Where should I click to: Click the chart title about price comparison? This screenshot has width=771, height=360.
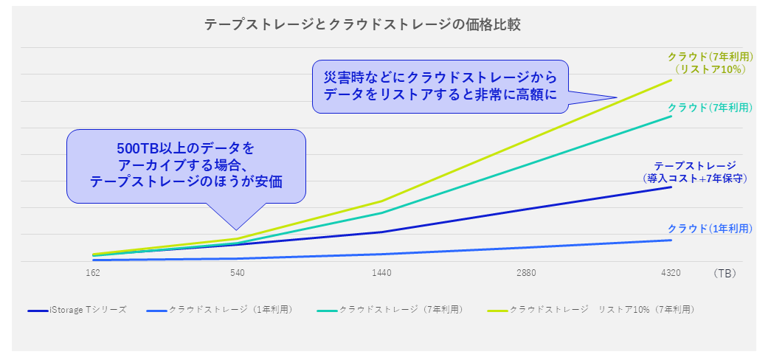(x=362, y=24)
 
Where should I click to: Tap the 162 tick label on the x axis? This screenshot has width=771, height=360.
(x=93, y=273)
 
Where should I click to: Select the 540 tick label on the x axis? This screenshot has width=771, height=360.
(x=237, y=273)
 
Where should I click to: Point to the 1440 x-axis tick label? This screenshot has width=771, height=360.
(x=381, y=273)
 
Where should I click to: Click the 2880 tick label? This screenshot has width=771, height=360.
(x=526, y=273)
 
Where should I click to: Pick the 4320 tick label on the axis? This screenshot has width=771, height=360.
(x=671, y=273)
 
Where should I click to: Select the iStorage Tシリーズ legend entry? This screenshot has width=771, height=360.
(x=77, y=310)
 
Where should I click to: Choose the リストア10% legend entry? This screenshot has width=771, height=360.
(x=591, y=310)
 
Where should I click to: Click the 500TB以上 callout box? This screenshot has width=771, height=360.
(x=186, y=166)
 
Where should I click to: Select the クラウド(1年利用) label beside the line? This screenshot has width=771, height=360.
(x=710, y=229)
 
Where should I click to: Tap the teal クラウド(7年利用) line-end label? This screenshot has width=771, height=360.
(x=710, y=108)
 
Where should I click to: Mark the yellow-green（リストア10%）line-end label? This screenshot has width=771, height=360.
(x=710, y=63)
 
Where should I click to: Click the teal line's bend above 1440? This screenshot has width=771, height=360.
(x=381, y=212)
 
